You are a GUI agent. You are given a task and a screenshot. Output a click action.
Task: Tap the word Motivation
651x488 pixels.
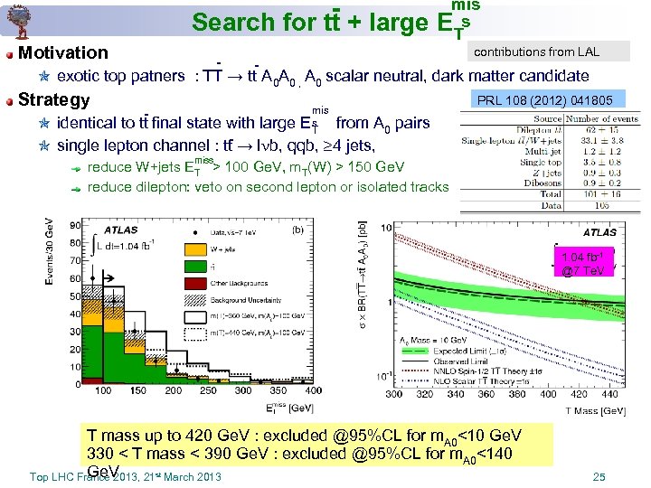click(63, 53)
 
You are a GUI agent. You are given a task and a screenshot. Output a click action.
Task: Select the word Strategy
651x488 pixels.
click(53, 99)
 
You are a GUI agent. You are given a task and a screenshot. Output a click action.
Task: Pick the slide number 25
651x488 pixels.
click(598, 476)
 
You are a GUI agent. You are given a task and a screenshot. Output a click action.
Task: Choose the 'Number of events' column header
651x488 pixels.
click(602, 119)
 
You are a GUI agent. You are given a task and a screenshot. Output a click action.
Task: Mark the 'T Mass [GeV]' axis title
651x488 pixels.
click(596, 410)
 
